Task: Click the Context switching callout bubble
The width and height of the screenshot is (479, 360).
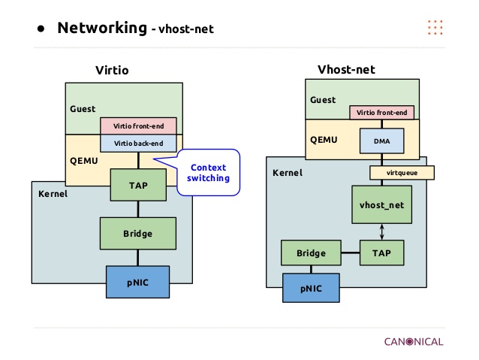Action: (208, 172)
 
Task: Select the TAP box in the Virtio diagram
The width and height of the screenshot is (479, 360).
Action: (137, 184)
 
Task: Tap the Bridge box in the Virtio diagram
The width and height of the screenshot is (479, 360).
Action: (137, 234)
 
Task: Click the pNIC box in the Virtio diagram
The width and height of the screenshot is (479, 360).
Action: (137, 282)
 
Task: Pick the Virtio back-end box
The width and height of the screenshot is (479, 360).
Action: (137, 142)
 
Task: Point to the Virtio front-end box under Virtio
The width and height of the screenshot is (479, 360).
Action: (137, 126)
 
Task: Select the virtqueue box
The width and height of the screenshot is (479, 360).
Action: (402, 172)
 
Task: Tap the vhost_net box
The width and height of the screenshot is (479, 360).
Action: (382, 204)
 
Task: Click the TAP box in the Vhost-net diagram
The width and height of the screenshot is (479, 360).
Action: (382, 253)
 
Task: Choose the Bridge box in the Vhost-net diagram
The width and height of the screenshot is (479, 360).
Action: (311, 253)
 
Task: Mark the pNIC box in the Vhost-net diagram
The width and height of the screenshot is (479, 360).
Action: (311, 288)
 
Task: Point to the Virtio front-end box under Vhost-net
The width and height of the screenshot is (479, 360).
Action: (382, 113)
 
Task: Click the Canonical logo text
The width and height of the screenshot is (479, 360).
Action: (413, 341)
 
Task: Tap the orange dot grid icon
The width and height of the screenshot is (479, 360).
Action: (435, 28)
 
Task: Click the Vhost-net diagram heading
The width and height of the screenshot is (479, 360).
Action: (346, 69)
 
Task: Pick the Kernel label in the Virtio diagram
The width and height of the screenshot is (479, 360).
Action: (53, 193)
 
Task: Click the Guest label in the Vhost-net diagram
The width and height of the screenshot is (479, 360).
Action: (323, 99)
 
